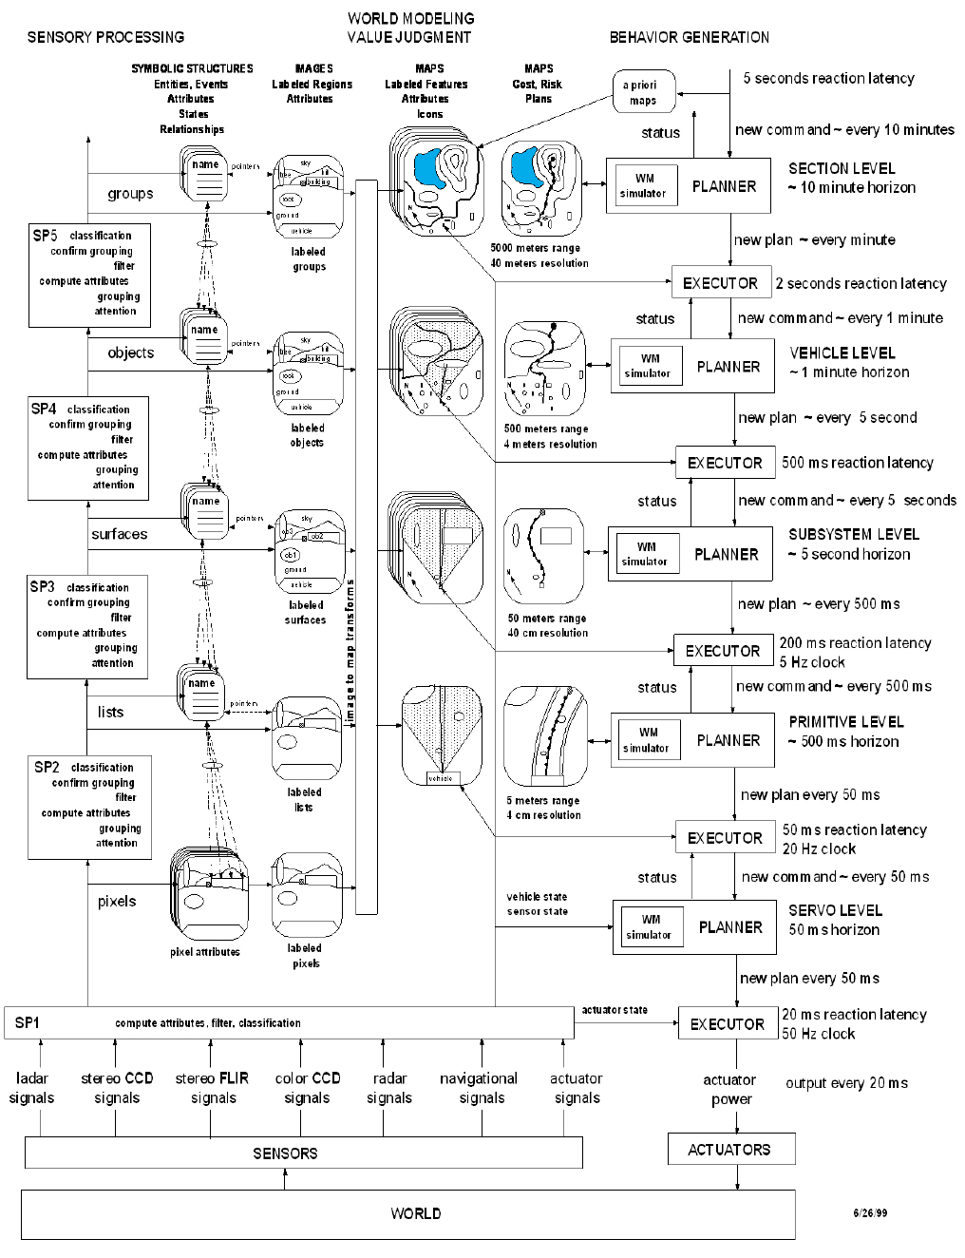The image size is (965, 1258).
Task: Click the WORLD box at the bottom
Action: click(x=408, y=1213)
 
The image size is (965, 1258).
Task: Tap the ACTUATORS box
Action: click(x=728, y=1150)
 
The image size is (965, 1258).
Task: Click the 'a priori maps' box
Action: click(x=639, y=93)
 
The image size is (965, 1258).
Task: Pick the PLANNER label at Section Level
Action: click(x=724, y=186)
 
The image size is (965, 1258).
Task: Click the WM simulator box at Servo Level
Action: click(x=649, y=927)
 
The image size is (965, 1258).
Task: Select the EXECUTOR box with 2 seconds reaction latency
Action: click(x=720, y=283)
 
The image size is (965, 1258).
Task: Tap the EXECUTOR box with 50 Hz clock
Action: click(x=727, y=1024)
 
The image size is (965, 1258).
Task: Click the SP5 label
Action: click(x=45, y=235)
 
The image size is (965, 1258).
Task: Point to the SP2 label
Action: click(x=47, y=767)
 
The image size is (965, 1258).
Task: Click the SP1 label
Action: click(x=27, y=1022)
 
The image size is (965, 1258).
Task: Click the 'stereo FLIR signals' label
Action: click(x=213, y=1088)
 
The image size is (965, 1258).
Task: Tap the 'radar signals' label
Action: click(x=389, y=1088)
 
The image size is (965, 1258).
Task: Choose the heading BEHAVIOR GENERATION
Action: click(x=689, y=37)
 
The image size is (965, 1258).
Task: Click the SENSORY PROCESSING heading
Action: click(x=105, y=37)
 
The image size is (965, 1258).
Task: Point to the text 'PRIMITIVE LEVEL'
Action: click(x=846, y=722)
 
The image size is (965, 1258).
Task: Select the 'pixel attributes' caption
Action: click(x=205, y=951)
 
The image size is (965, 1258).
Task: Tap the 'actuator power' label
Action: click(x=729, y=1090)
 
